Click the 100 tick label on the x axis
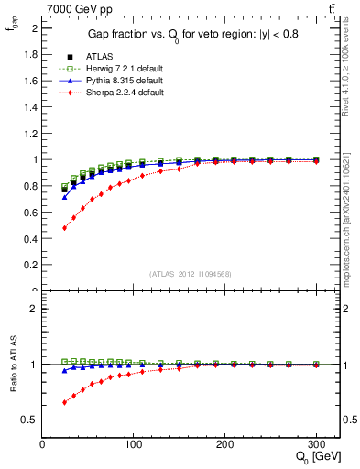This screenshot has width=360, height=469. (134, 445)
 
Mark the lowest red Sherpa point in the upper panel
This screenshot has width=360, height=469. (64, 228)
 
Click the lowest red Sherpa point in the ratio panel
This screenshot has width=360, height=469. (64, 402)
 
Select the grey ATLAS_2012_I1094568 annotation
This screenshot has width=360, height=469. (191, 273)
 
